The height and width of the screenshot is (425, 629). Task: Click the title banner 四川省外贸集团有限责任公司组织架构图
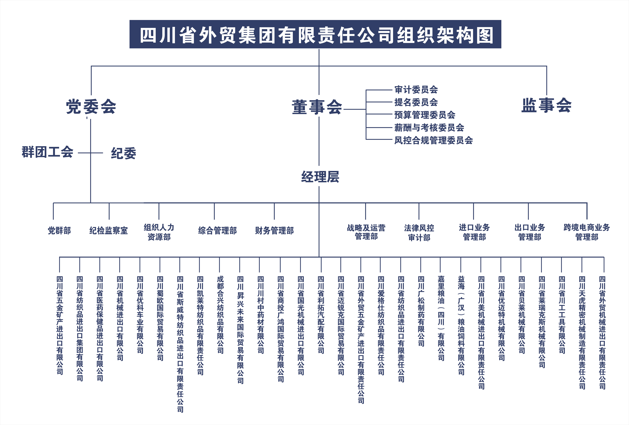(315, 34)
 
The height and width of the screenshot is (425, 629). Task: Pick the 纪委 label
(123, 153)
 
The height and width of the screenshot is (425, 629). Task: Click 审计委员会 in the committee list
(416, 90)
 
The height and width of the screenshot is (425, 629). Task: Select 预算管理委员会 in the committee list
(425, 115)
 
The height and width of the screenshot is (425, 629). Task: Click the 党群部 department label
(59, 231)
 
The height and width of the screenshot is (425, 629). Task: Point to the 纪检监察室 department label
(109, 231)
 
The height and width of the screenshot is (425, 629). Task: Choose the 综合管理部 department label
(217, 231)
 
